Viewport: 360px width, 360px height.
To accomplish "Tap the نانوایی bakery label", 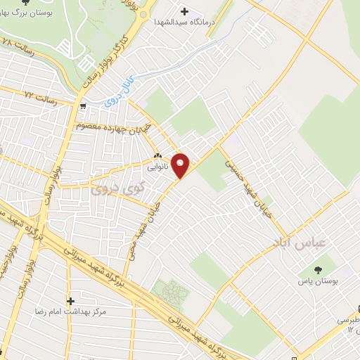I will coord(156,169).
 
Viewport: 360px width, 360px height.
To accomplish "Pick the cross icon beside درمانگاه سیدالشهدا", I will coord(185,11).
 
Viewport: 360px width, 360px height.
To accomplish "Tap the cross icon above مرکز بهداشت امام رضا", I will coord(70,300).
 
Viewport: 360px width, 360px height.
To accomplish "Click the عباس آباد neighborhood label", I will coord(290,242).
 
